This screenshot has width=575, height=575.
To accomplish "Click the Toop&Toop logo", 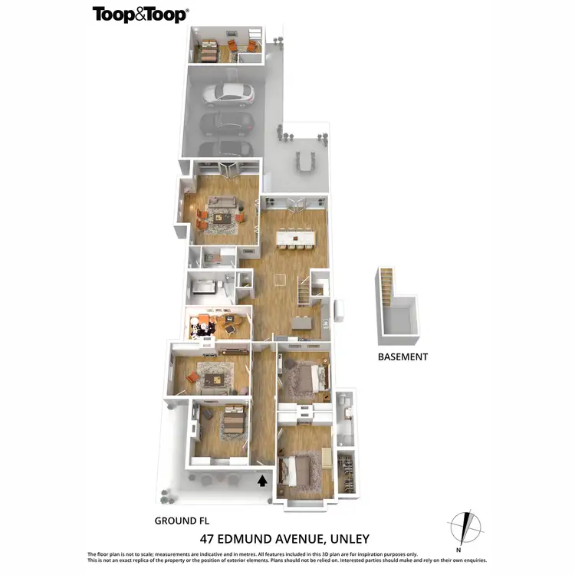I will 141,14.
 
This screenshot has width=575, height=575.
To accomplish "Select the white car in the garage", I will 228,94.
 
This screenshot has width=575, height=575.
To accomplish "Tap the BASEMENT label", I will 402,356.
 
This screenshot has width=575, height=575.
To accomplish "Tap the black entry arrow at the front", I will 262,481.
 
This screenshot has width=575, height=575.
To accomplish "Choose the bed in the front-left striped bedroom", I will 232,422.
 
